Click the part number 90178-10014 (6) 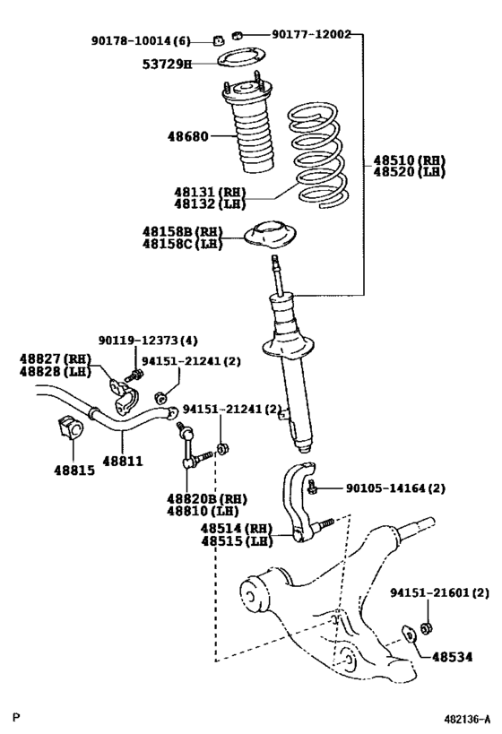point(141,40)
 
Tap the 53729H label point(167,64)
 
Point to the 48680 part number point(186,137)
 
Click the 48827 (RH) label point(51,358)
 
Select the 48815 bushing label point(73,469)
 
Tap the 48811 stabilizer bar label point(123,461)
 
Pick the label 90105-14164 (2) point(394,488)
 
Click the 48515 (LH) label point(236,541)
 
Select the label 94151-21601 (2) point(439,593)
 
